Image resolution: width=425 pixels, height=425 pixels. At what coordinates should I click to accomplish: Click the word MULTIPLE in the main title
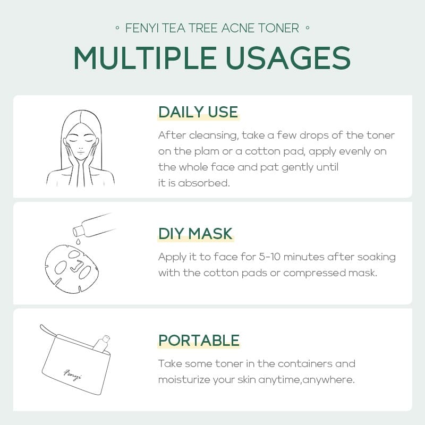click(145, 58)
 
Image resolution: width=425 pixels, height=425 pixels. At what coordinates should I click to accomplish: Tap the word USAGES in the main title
click(288, 58)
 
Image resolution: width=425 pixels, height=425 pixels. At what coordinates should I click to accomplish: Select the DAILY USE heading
click(198, 112)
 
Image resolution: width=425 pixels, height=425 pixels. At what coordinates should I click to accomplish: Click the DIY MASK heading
click(195, 234)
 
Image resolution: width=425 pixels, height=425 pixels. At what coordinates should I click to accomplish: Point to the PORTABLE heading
click(199, 341)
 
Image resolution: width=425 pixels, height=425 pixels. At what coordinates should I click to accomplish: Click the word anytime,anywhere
click(307, 380)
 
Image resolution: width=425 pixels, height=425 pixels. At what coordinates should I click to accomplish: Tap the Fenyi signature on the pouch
click(72, 375)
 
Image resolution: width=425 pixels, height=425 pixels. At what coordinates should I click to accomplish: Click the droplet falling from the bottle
click(78, 241)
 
